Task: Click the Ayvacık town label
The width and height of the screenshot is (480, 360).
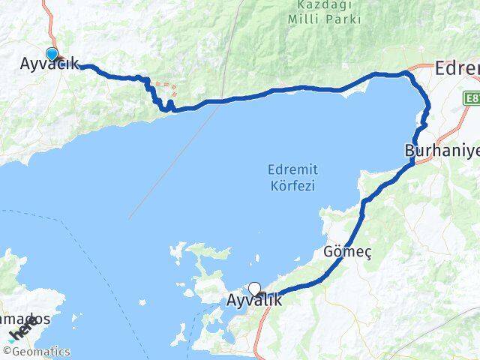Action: tap(49, 64)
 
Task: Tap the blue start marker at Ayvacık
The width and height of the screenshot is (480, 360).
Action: tap(52, 53)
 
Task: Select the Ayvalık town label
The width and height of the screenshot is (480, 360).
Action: tap(254, 301)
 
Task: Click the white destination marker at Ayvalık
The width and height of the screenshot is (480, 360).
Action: tap(254, 289)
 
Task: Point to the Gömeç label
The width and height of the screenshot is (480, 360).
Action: tap(347, 252)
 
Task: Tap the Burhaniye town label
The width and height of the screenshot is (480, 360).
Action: tap(442, 150)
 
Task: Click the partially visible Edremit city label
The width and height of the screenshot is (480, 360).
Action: tap(457, 69)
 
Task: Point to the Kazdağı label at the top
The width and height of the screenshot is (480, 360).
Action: tap(324, 4)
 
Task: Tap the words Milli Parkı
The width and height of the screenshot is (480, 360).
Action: tap(324, 19)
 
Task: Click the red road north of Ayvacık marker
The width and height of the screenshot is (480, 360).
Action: tap(49, 22)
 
